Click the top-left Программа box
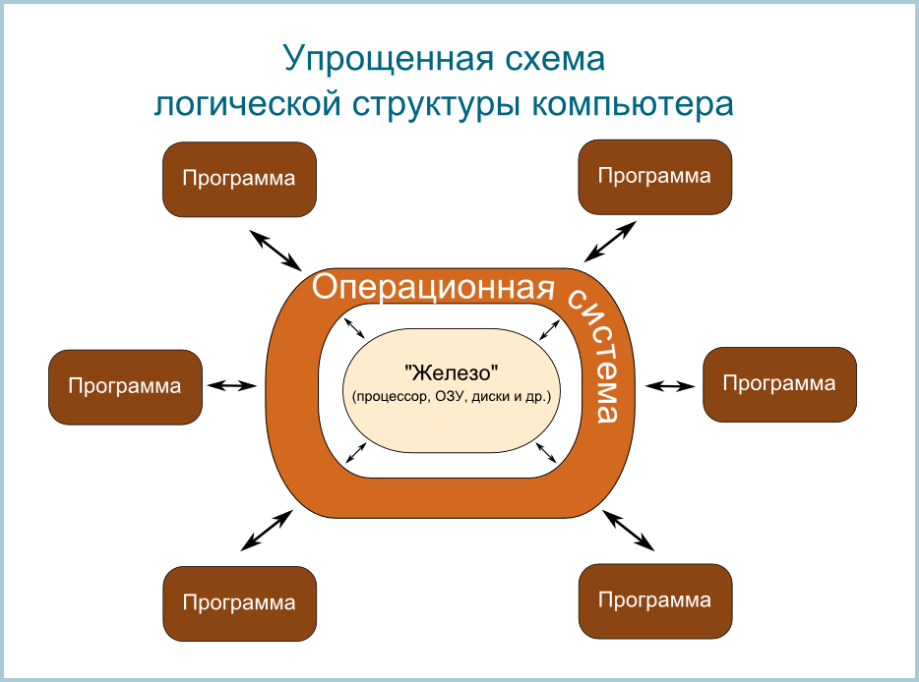click(239, 179)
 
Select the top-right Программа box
click(654, 177)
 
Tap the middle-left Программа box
click(125, 386)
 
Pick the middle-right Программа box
click(779, 384)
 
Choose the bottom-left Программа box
click(239, 603)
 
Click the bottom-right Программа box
click(654, 600)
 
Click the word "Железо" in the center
click(453, 373)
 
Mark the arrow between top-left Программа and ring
click(276, 250)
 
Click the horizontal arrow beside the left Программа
click(233, 386)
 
